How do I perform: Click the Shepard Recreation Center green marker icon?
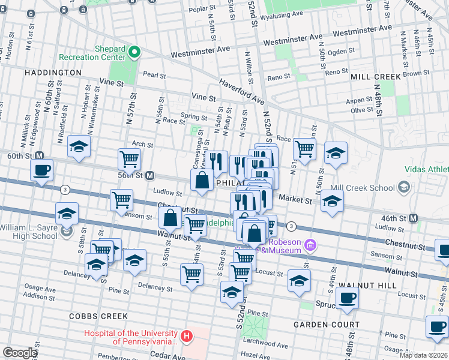(134, 52)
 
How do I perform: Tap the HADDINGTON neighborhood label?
(53, 73)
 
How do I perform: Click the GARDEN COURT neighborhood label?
(326, 325)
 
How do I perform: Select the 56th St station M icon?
(151, 176)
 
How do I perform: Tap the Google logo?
(20, 353)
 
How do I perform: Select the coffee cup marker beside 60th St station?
(41, 170)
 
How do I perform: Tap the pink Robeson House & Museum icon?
(310, 244)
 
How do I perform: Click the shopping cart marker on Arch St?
(129, 160)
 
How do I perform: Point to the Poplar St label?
(202, 8)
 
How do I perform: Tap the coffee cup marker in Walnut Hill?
(348, 298)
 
